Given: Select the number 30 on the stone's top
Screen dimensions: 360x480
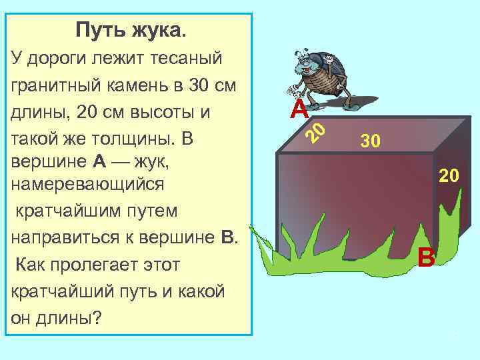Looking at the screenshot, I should click(370, 141).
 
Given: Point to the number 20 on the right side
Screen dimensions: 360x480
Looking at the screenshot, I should click(448, 176).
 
